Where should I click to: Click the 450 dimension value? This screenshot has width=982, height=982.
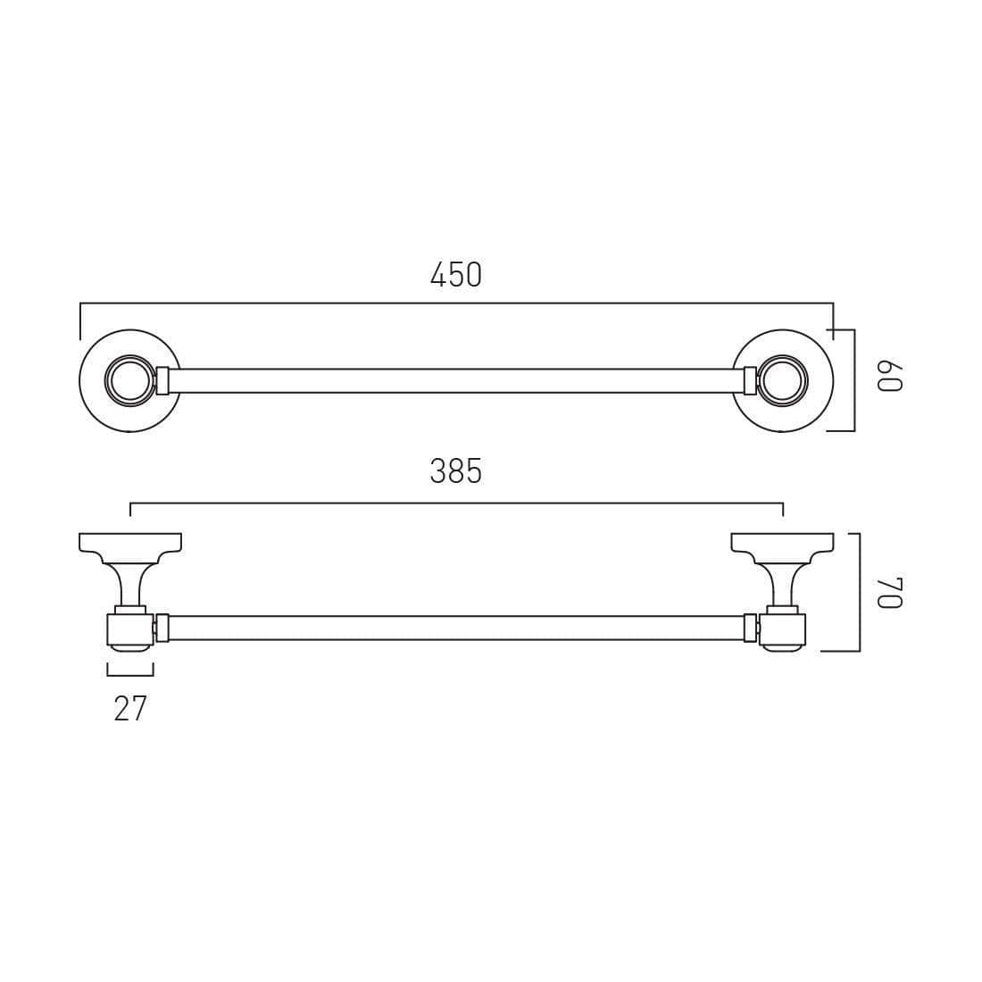455,275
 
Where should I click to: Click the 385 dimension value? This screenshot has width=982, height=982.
455,471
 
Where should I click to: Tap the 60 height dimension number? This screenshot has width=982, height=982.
889,377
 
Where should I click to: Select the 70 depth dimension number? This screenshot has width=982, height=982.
889,593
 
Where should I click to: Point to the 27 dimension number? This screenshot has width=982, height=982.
130,709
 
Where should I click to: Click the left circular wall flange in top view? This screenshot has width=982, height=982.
93,381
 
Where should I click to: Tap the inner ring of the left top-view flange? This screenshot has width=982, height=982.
129,381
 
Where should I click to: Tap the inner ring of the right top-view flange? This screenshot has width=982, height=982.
782,381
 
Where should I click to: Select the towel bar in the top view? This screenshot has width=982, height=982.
455,381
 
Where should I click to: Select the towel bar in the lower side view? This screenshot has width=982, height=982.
455,628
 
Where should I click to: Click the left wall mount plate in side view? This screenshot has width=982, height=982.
130,543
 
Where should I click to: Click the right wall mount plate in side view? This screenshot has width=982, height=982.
782,543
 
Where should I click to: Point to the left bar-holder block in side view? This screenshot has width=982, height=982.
129,629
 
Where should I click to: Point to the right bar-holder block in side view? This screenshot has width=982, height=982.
783,629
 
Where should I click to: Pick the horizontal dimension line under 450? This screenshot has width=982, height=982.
455,304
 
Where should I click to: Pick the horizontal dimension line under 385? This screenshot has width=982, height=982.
455,503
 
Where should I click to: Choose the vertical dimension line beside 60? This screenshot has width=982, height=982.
854,380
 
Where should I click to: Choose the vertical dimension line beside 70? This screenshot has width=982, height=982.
859,593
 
